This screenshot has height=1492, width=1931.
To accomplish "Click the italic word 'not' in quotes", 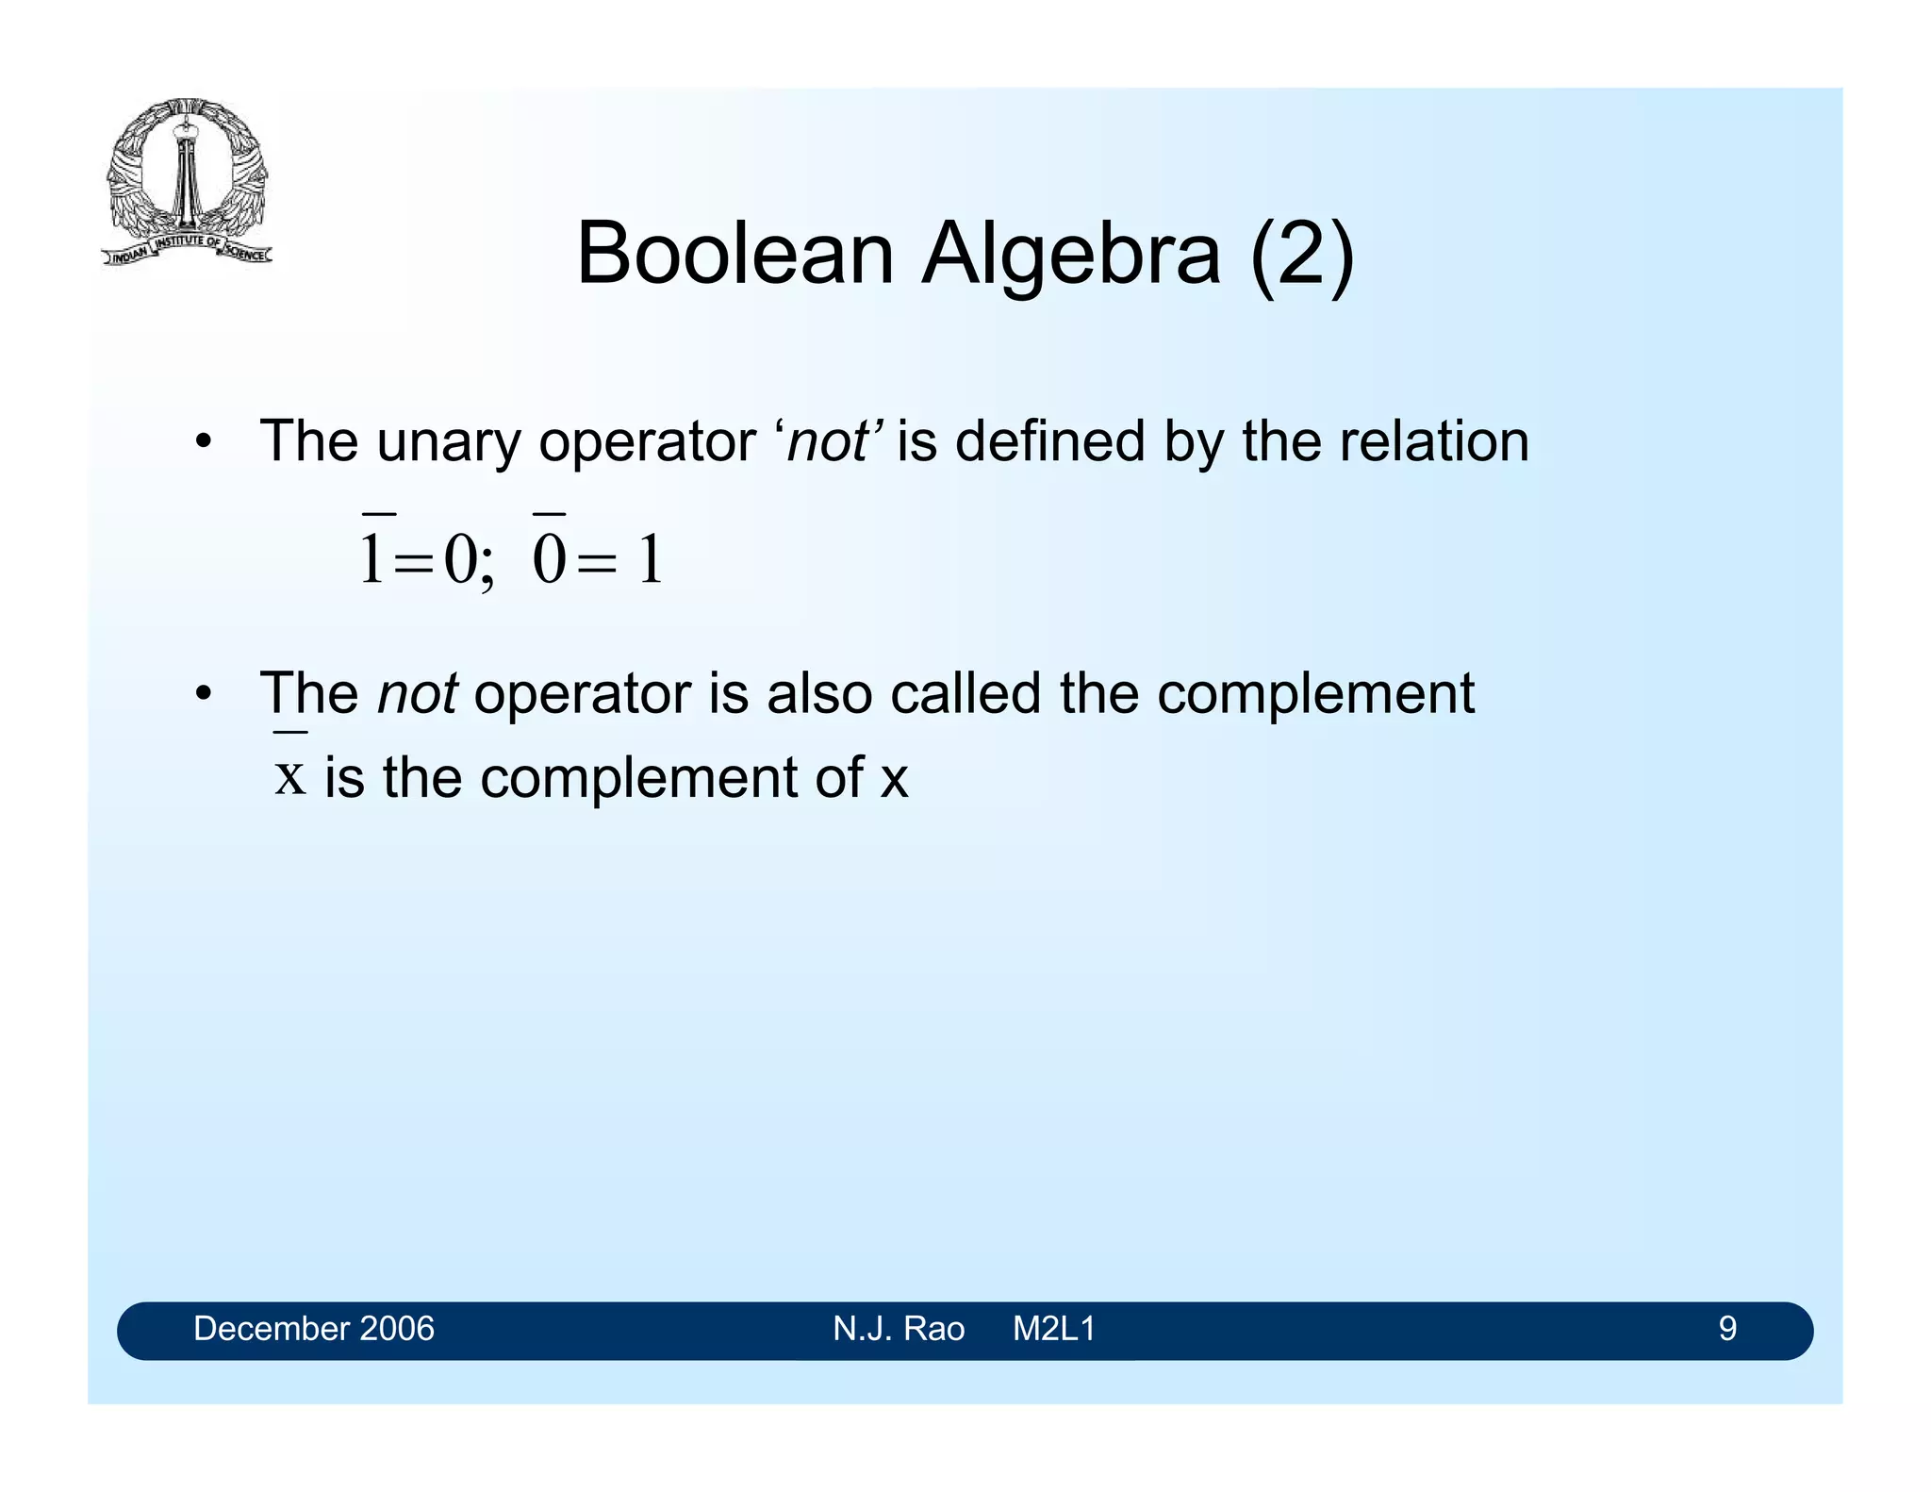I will (x=828, y=441).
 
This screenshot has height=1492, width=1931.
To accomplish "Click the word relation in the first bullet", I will (x=1433, y=441).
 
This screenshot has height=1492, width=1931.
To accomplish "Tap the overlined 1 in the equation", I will (x=372, y=556).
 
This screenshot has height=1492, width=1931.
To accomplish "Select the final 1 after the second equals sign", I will (x=651, y=558).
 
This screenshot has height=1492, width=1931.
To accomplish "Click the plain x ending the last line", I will (x=894, y=781).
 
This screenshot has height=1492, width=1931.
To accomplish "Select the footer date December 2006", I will (x=314, y=1329).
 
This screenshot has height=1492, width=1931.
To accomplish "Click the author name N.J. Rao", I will (x=899, y=1329).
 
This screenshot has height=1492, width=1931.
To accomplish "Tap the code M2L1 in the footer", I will (x=1054, y=1329).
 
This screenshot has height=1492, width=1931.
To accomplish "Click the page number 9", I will (x=1727, y=1329).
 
